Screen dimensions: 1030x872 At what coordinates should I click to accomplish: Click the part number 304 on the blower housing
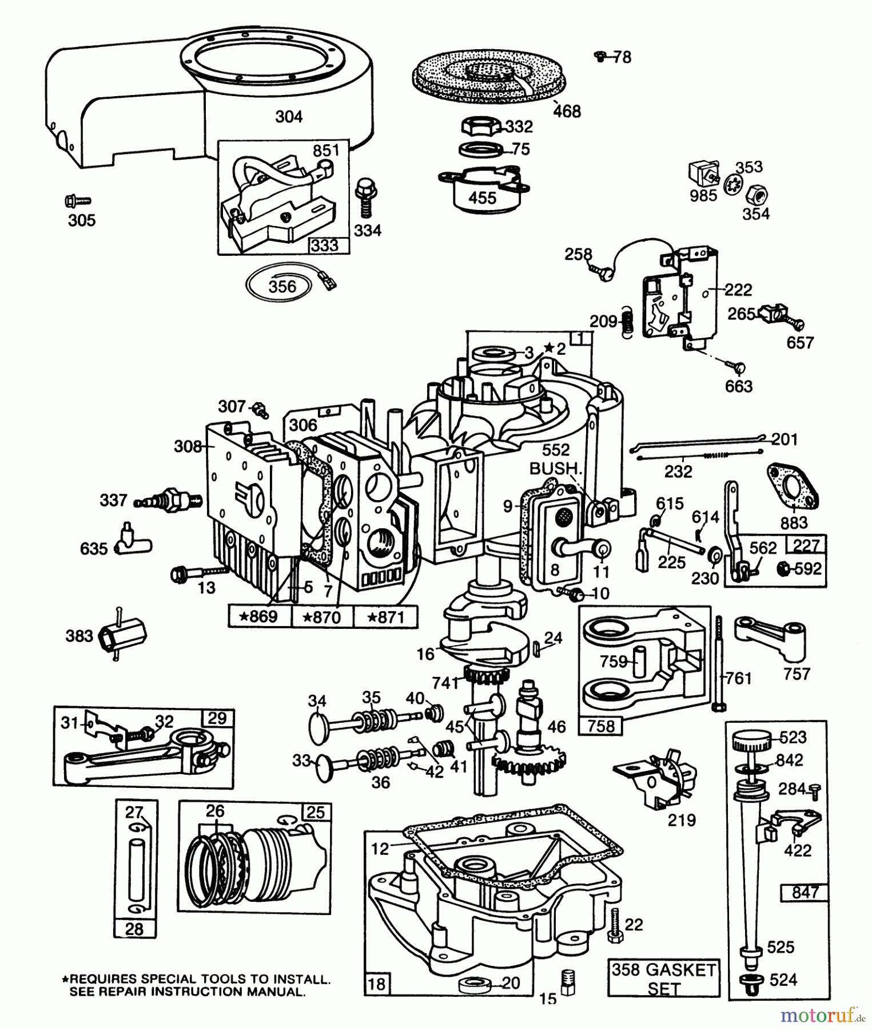tap(289, 117)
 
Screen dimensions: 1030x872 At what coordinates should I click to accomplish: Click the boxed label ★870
tap(322, 617)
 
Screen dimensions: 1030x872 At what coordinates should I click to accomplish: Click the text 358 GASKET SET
tap(663, 978)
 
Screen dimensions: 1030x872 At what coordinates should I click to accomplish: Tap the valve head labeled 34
tap(317, 727)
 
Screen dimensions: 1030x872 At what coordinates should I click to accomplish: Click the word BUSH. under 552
tap(555, 469)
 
